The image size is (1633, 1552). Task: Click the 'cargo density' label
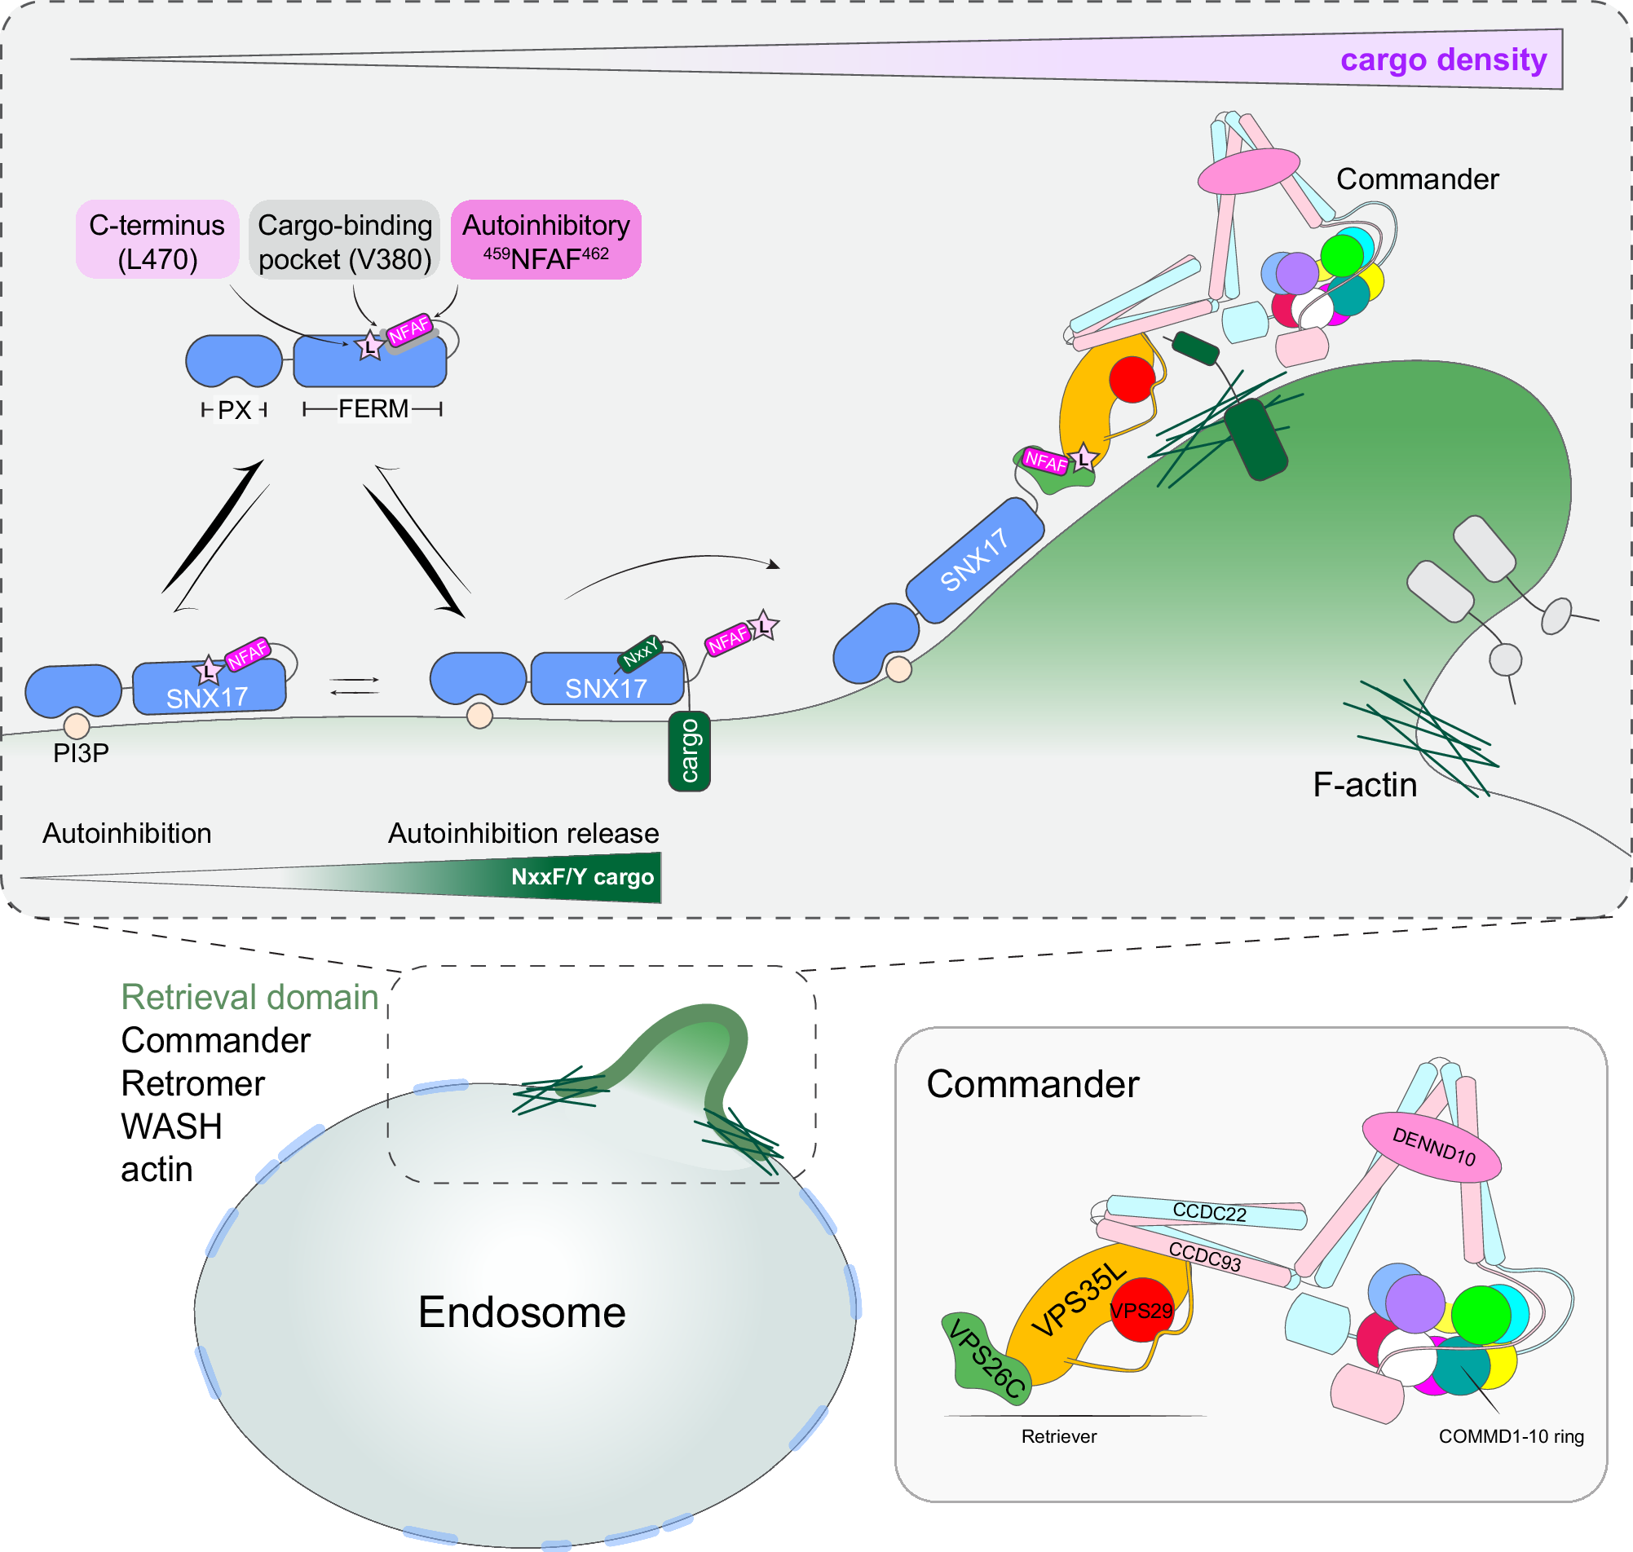click(x=1443, y=60)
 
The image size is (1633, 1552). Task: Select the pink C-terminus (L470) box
click(x=157, y=240)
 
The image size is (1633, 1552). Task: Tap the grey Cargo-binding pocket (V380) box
click(x=344, y=240)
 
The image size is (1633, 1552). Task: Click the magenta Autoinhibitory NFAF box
click(x=546, y=240)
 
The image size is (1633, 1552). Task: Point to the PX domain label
click(x=234, y=409)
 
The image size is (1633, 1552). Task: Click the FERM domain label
click(x=373, y=408)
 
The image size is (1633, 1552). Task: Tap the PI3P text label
click(x=80, y=753)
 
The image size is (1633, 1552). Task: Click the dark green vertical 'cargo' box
click(x=688, y=751)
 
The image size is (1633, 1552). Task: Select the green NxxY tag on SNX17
click(x=640, y=653)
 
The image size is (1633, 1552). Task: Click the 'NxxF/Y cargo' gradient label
click(x=581, y=877)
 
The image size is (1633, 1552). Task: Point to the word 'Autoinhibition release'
click(x=523, y=833)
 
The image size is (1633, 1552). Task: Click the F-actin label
click(x=1364, y=784)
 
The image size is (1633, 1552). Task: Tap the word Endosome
click(x=521, y=1312)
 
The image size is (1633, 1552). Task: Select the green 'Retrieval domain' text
click(x=249, y=997)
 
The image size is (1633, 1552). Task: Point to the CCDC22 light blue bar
click(x=1207, y=1213)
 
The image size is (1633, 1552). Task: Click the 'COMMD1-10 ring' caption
click(x=1510, y=1436)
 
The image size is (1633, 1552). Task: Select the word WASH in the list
click(x=171, y=1127)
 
